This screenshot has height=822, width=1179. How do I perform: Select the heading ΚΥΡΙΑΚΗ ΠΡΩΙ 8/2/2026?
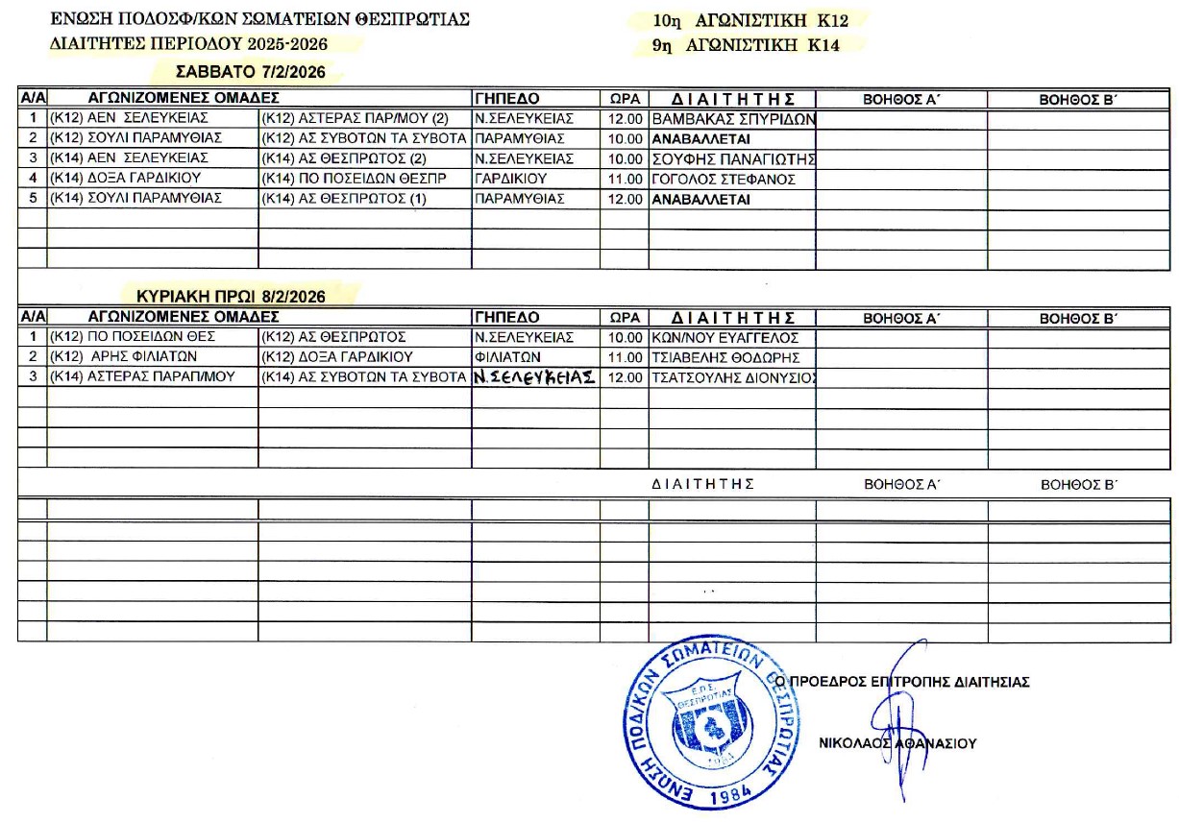[x=231, y=297]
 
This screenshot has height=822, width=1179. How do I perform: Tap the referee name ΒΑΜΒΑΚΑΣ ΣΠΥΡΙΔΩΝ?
[x=733, y=119]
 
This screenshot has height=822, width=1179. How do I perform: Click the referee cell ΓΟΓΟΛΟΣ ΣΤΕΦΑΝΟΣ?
[x=724, y=179]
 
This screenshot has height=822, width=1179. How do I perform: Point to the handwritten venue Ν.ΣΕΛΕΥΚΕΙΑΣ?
[x=534, y=377]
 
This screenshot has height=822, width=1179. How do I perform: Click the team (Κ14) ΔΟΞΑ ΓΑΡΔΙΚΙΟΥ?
[x=125, y=179]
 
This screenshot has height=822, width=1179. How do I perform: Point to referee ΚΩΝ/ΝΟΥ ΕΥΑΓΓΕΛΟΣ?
[x=725, y=337]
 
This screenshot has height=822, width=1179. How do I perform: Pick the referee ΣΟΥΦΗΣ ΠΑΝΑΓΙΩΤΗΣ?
[x=733, y=158]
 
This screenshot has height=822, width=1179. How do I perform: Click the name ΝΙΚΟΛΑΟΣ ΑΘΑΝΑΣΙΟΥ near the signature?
[x=897, y=742]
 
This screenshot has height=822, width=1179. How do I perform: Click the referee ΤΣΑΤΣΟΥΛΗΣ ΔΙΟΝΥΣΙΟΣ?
[x=733, y=377]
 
